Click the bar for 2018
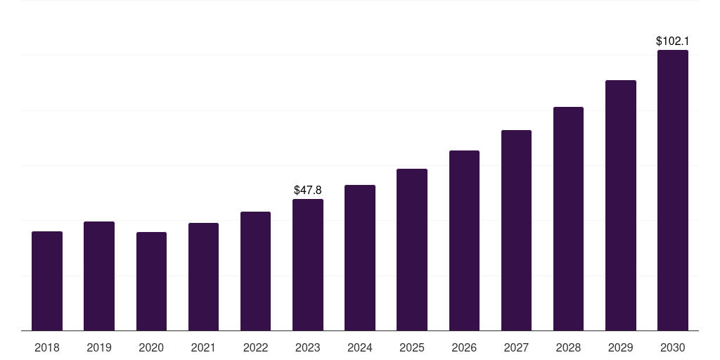tap(47, 281)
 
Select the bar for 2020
tap(151, 281)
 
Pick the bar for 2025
tap(412, 250)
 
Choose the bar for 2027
tap(516, 230)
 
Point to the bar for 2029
tap(620, 205)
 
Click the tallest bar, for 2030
tap(672, 190)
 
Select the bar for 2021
tap(203, 276)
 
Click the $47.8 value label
tap(308, 190)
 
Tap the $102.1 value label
tap(672, 41)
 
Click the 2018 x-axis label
tap(47, 347)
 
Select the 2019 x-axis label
tap(99, 347)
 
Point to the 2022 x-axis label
tap(255, 347)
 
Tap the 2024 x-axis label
tap(360, 347)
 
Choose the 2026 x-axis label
tap(464, 347)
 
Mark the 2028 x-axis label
tap(568, 347)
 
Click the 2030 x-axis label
tap(672, 347)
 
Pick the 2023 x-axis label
tap(308, 347)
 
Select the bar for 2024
tap(360, 257)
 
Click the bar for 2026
tap(464, 240)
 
